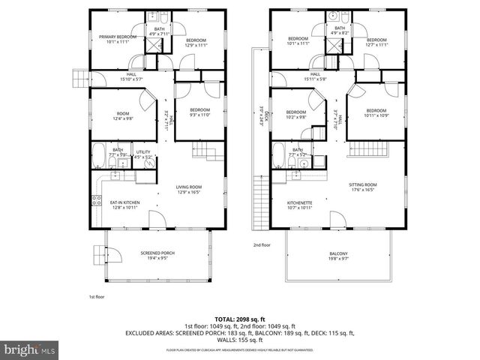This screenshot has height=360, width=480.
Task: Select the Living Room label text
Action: pos(190,188)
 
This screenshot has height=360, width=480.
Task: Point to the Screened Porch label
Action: pos(157,253)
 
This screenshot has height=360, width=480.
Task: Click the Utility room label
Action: pos(143,153)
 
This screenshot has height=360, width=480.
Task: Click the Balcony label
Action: pos(337,253)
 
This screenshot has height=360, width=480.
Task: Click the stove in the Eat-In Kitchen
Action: pos(96,200)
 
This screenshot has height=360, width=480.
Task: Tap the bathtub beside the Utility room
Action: pos(98,158)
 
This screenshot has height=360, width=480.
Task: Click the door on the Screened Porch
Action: pos(98,254)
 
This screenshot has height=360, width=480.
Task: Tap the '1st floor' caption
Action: pos(97,297)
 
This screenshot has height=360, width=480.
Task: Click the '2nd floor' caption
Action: pos(262,245)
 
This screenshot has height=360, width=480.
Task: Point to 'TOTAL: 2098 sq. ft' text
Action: pos(240,319)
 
